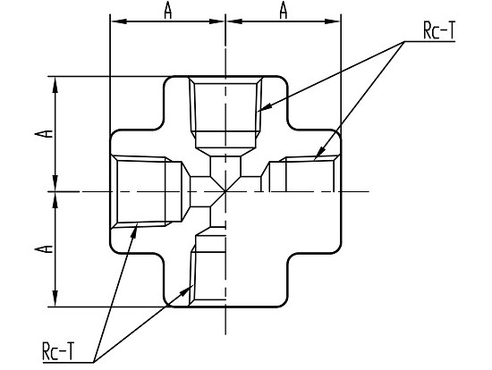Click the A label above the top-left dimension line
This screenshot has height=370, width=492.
pos(168,12)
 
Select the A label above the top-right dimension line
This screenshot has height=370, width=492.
pos(284,12)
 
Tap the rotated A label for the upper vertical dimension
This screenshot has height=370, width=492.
pos(44,133)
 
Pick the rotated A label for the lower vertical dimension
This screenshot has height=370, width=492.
pos(44,249)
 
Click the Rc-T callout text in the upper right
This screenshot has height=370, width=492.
pos(439,31)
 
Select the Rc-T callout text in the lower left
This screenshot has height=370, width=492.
pos(59,351)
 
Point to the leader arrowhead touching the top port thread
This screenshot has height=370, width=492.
pos(264,108)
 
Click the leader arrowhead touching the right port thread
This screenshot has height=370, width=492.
pos(318,155)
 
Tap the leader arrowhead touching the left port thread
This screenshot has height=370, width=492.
pos(134,231)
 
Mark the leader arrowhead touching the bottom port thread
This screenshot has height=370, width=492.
pos(187,290)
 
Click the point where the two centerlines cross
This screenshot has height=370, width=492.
pos(225,191)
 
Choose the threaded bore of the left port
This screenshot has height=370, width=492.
pos(147,191)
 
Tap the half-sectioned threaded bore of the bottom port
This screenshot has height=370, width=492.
pos(208,270)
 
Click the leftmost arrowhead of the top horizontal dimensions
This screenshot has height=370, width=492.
pos(119,21)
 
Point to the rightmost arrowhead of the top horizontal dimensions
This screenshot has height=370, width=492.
pos(332,21)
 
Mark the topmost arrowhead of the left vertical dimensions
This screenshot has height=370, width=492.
pos(55,85)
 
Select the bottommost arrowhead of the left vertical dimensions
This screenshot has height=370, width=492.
pos(55,299)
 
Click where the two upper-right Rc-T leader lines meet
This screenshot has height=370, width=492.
pos(404,41)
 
